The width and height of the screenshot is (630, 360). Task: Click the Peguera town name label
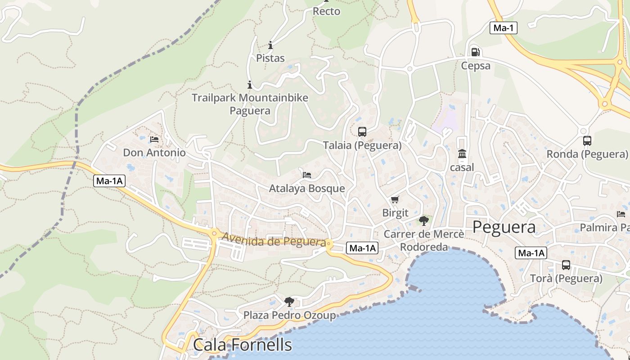pos(504,227)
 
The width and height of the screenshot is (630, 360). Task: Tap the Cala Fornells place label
pos(243,345)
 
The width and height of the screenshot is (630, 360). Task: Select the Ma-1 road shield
pos(504,28)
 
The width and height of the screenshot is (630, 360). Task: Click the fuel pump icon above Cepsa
pos(475,52)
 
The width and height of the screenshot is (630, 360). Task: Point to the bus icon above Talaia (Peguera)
pos(362,132)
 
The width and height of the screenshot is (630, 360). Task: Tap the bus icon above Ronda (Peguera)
pos(587,141)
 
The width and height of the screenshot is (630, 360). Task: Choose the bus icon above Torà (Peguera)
pos(566,265)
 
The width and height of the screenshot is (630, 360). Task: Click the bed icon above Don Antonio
pos(154,139)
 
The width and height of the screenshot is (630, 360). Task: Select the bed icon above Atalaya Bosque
pos(307,175)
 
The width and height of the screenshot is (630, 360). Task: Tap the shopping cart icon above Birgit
pos(395,199)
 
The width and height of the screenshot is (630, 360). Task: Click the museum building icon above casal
pos(462,154)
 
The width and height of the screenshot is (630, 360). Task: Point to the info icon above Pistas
pos(270,45)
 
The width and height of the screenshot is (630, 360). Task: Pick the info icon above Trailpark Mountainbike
pos(250,85)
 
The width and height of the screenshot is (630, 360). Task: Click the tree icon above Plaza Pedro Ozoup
pos(289,301)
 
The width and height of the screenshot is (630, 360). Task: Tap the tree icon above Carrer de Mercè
pos(423,220)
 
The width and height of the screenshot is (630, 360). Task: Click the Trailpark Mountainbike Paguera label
pos(250,104)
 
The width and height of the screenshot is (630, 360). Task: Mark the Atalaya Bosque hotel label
pos(307,189)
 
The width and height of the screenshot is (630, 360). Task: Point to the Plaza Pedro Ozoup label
pos(289,315)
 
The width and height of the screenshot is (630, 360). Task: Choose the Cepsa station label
pos(476,66)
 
